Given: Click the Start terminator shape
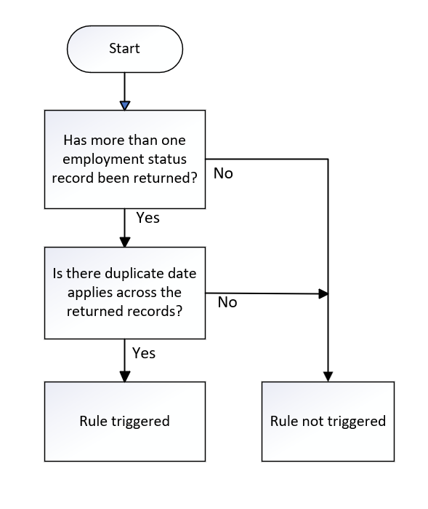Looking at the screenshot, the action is (x=125, y=49).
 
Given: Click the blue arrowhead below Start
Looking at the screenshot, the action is (x=125, y=106).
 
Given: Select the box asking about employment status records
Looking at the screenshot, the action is (x=125, y=159).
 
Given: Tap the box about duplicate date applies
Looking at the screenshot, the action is (x=125, y=293).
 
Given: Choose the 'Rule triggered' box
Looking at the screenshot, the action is (x=125, y=422).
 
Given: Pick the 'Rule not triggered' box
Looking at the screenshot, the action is (x=328, y=422).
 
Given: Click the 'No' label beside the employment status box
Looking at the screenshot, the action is (x=223, y=173).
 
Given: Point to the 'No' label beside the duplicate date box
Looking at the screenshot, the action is (x=227, y=302).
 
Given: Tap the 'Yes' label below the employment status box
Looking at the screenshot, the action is (x=148, y=218).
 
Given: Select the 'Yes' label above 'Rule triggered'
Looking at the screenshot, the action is (x=144, y=353).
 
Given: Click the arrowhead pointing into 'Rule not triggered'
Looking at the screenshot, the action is (x=328, y=376).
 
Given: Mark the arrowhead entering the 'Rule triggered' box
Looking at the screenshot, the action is (x=125, y=376).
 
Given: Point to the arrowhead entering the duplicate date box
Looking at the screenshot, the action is (x=125, y=242).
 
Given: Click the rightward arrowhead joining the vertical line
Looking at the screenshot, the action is (x=323, y=293).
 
